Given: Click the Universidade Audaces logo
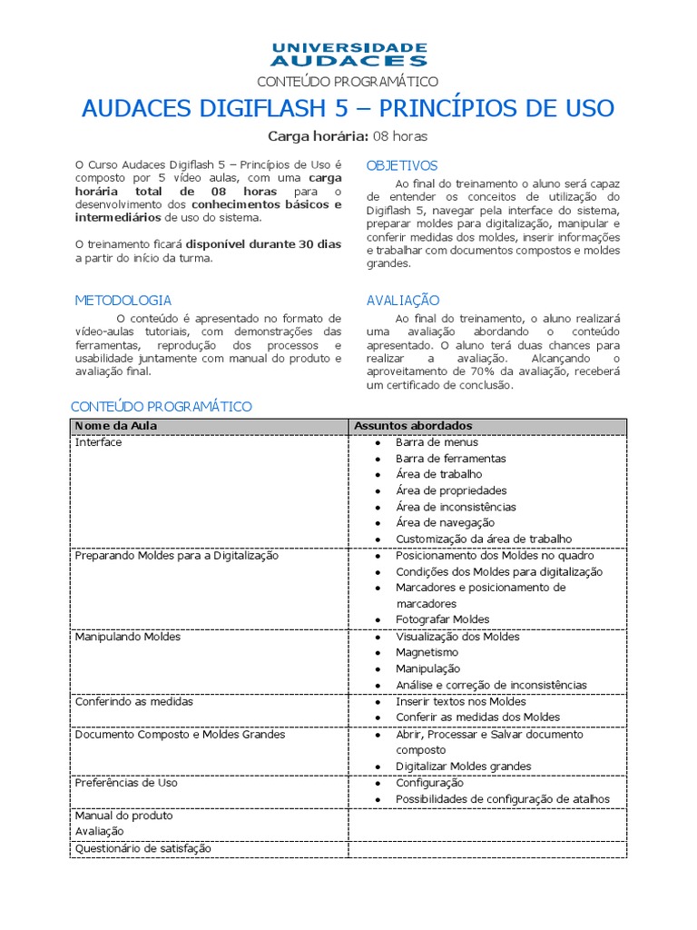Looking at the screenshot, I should [x=348, y=54].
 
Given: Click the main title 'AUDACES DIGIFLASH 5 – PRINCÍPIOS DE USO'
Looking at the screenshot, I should [x=348, y=109].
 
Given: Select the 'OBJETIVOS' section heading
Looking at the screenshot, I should [x=402, y=165].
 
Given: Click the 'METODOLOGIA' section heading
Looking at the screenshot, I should [x=123, y=300].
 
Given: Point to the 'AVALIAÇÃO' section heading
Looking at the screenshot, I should [x=403, y=300].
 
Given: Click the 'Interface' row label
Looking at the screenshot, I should [x=98, y=442].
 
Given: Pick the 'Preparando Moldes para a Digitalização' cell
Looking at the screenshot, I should [x=177, y=555].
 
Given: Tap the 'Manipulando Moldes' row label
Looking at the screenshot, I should [x=128, y=637].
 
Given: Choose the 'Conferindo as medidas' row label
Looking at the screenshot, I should [x=134, y=701].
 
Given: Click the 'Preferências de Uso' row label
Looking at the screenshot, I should [x=126, y=782].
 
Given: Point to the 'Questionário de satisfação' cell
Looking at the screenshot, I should [x=143, y=847].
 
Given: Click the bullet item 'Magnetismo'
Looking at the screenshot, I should [x=427, y=652].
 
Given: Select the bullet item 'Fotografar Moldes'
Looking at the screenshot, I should [x=443, y=619].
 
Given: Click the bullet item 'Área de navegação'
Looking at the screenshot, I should [x=445, y=522].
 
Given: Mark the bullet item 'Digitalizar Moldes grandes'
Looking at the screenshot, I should [x=464, y=766].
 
